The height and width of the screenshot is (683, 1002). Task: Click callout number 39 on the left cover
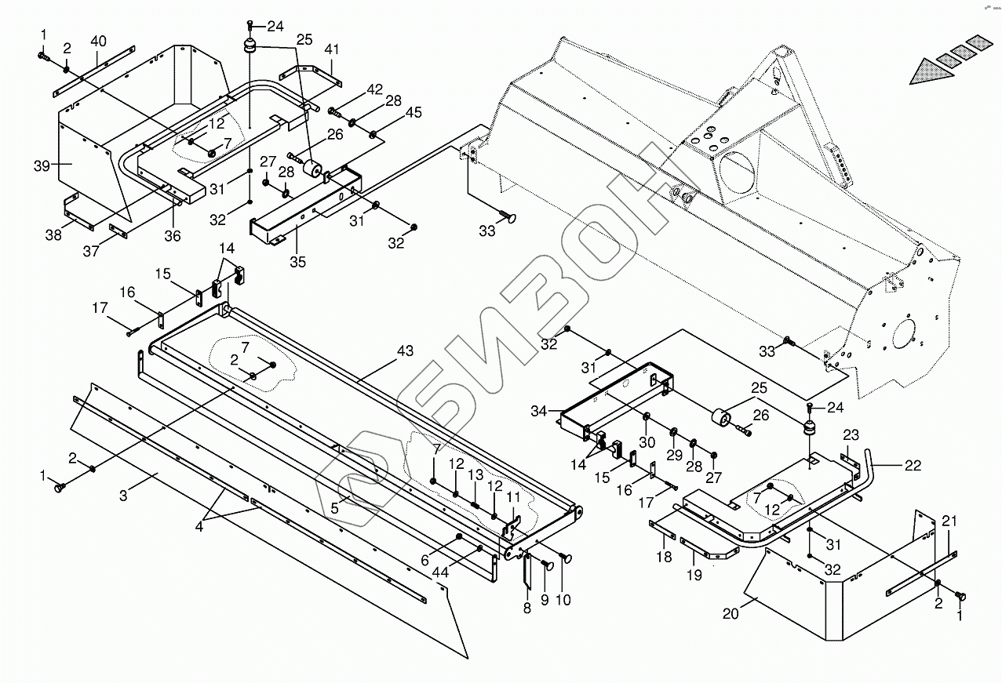click(x=42, y=165)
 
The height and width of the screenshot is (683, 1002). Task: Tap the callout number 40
click(x=98, y=42)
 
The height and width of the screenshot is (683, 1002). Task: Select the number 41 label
click(x=332, y=49)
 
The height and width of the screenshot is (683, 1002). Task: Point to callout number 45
click(x=414, y=113)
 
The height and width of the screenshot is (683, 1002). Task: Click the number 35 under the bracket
click(x=298, y=262)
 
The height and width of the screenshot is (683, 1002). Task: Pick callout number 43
click(x=406, y=351)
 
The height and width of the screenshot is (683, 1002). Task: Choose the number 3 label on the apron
click(x=123, y=496)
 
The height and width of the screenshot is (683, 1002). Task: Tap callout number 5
click(x=334, y=508)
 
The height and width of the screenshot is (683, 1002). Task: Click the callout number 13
click(x=475, y=474)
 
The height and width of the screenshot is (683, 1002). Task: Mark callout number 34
click(x=539, y=411)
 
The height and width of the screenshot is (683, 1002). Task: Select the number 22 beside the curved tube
click(x=913, y=466)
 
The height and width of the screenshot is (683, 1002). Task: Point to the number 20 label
click(x=731, y=614)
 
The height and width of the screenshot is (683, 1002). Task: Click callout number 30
click(x=647, y=442)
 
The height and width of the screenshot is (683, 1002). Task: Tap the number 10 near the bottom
click(x=563, y=600)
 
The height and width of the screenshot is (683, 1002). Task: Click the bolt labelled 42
click(x=334, y=112)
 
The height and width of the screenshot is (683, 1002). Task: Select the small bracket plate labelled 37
click(x=119, y=231)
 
